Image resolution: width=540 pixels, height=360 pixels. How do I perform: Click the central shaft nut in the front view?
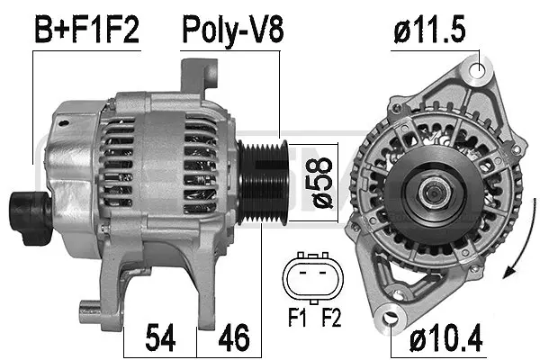[433, 191]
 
